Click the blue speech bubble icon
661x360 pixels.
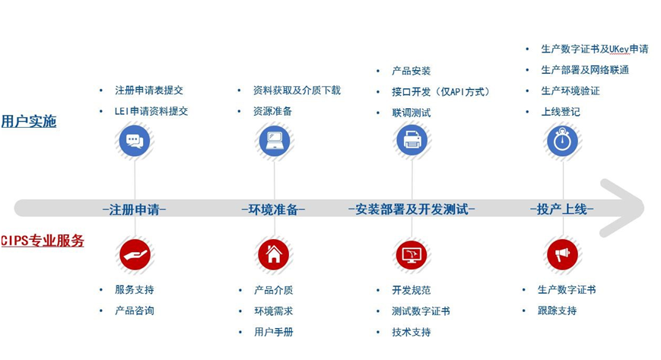pyautogui.click(x=135, y=141)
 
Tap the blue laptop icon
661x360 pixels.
pyautogui.click(x=274, y=141)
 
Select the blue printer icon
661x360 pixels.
pyautogui.click(x=412, y=140)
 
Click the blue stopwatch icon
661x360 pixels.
pyautogui.click(x=562, y=141)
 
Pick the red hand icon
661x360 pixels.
pyautogui.click(x=135, y=254)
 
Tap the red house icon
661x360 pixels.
pyautogui.click(x=274, y=254)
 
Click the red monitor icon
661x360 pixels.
pyautogui.click(x=412, y=255)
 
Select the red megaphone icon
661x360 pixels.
pyautogui.click(x=562, y=254)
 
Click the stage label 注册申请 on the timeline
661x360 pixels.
pyautogui.click(x=134, y=209)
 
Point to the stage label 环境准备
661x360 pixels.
pyautogui.click(x=273, y=209)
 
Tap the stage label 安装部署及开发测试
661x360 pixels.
pyautogui.click(x=412, y=209)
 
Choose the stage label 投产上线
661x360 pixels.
pyautogui.click(x=562, y=209)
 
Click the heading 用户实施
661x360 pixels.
pyautogui.click(x=29, y=121)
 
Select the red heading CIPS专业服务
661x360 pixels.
pyautogui.click(x=43, y=241)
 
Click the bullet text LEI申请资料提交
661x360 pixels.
pyautogui.click(x=151, y=111)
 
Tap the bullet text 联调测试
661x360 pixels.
pyautogui.click(x=412, y=113)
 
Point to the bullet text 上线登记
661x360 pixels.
pyautogui.click(x=561, y=112)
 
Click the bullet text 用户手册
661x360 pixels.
pyautogui.click(x=274, y=332)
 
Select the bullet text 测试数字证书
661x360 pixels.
pyautogui.click(x=421, y=311)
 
